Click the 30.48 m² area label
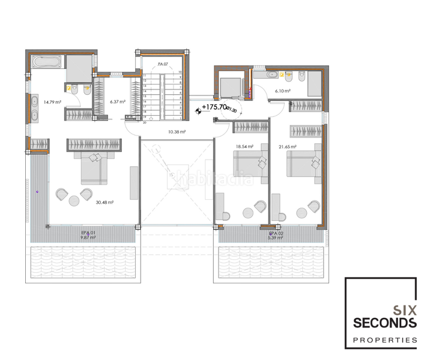(x=104, y=202)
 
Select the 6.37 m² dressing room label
(x=118, y=101)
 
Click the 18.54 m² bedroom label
(x=244, y=146)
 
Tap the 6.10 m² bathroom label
(x=283, y=91)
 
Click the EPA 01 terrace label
(x=88, y=232)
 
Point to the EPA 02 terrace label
(x=276, y=232)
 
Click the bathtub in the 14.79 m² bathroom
(x=44, y=62)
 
